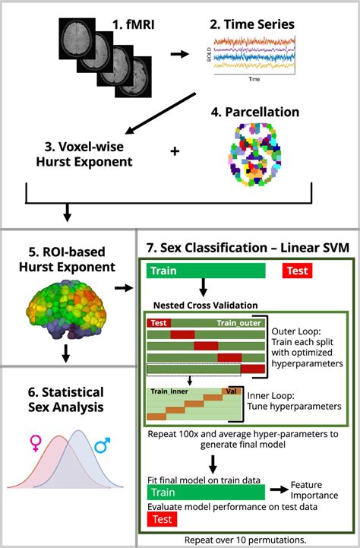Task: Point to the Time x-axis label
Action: coord(253,78)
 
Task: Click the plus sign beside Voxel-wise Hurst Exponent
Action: coord(175,151)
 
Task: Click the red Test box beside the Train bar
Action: coord(298,271)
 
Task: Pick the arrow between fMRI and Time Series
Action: coord(180,54)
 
